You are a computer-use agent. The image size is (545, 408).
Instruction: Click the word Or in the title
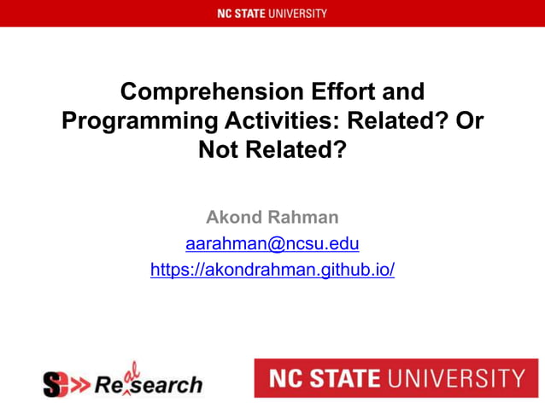click(x=469, y=121)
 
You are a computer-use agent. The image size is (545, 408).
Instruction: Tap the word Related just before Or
click(x=394, y=121)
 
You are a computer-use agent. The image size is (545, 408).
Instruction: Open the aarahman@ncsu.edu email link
click(x=272, y=244)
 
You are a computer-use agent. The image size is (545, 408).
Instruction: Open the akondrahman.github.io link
click(x=272, y=271)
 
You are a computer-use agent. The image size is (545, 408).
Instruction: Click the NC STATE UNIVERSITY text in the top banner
click(x=272, y=13)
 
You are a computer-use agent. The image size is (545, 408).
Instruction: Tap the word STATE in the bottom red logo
click(x=346, y=378)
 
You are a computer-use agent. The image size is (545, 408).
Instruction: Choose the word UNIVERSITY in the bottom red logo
click(x=457, y=378)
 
